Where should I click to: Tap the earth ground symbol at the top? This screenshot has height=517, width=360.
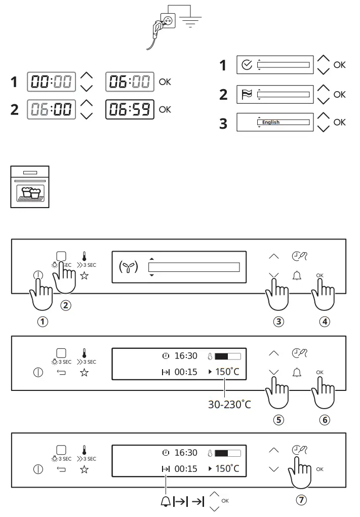pos(190,21)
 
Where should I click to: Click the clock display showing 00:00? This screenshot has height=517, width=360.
pos(51,82)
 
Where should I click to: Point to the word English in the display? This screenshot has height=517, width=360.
pos(271,123)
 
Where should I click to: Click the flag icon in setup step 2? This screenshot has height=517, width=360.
pos(247,94)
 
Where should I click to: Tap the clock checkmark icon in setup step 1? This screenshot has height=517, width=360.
pos(247,65)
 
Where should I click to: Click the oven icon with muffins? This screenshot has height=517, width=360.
pos(30,186)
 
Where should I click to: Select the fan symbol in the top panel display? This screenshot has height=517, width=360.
pos(129,267)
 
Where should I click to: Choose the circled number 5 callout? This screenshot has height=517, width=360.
pos(278,419)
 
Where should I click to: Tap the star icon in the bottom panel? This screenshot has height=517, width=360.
pos(85,469)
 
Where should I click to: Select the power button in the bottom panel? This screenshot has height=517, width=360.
pos(38,469)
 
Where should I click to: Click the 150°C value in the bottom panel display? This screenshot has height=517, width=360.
pos(227,469)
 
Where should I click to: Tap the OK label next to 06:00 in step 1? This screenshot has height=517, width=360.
pos(165,81)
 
